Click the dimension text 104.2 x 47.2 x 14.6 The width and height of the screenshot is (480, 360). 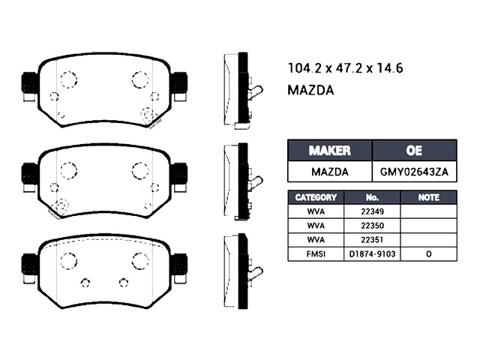click(345, 68)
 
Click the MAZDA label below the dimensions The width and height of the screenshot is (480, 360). click(310, 90)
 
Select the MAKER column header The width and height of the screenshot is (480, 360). click(330, 150)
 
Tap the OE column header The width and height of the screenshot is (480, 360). click(414, 150)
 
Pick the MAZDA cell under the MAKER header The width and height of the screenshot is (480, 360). click(330, 172)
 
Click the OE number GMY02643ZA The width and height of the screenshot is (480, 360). click(414, 172)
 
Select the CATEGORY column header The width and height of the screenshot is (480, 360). click(316, 197)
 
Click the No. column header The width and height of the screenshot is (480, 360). click(372, 197)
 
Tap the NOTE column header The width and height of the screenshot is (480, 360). click(428, 197)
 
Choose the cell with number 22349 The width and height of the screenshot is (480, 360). click(372, 211)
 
